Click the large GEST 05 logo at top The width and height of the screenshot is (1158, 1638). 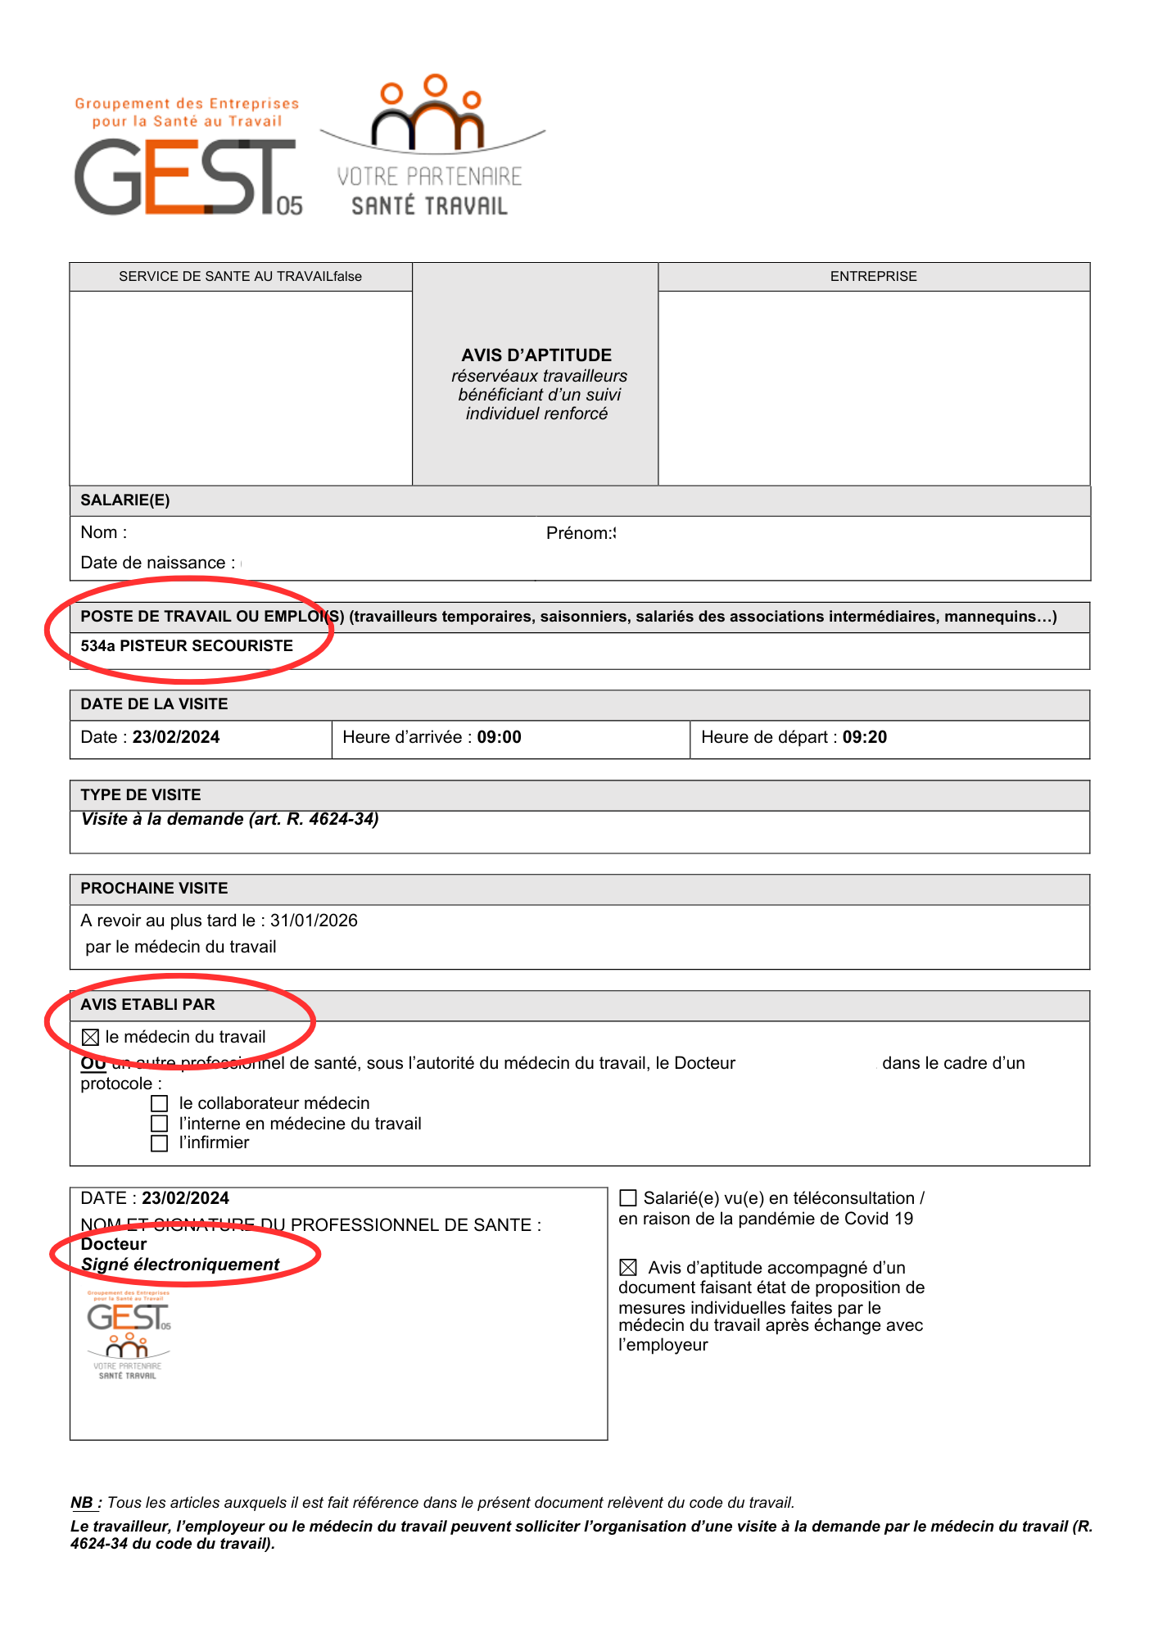coord(187,176)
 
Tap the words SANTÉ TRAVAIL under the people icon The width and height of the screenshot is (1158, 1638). coord(429,206)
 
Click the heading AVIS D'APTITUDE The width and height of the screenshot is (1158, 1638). coord(536,355)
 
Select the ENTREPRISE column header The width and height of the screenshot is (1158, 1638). coord(873,277)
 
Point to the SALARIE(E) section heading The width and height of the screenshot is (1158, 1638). coord(125,500)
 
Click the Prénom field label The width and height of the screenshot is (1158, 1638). coord(579,533)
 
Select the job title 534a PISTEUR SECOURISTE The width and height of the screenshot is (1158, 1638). coord(187,646)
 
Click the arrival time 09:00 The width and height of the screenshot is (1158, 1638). coord(499,737)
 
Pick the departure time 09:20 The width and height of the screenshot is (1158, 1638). coord(864,737)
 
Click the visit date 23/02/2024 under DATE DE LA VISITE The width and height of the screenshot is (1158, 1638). coord(176,737)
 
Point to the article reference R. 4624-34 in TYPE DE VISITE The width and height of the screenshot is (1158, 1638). coord(330,820)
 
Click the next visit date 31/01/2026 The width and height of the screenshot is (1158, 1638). coord(314,921)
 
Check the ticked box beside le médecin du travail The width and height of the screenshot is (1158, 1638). coord(91,1038)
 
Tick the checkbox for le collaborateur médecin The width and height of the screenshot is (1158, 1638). coord(160,1104)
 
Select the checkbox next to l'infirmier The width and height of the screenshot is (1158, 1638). coord(160,1143)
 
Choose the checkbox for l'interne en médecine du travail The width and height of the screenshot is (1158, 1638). coord(160,1124)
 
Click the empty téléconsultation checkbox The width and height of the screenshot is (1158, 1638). coord(628,1198)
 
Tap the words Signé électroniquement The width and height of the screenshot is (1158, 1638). coord(180,1265)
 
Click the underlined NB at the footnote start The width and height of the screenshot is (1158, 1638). coord(82,1503)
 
